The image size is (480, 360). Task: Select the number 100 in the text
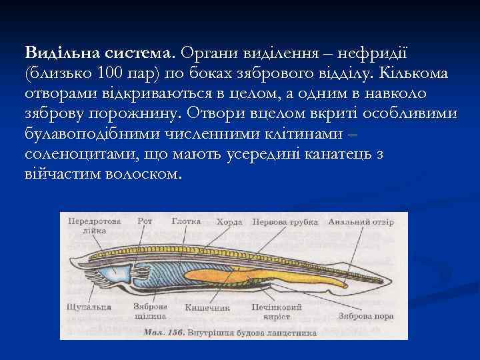coord(112,73)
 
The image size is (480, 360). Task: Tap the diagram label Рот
coord(144,221)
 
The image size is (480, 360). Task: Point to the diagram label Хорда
coord(230,221)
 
